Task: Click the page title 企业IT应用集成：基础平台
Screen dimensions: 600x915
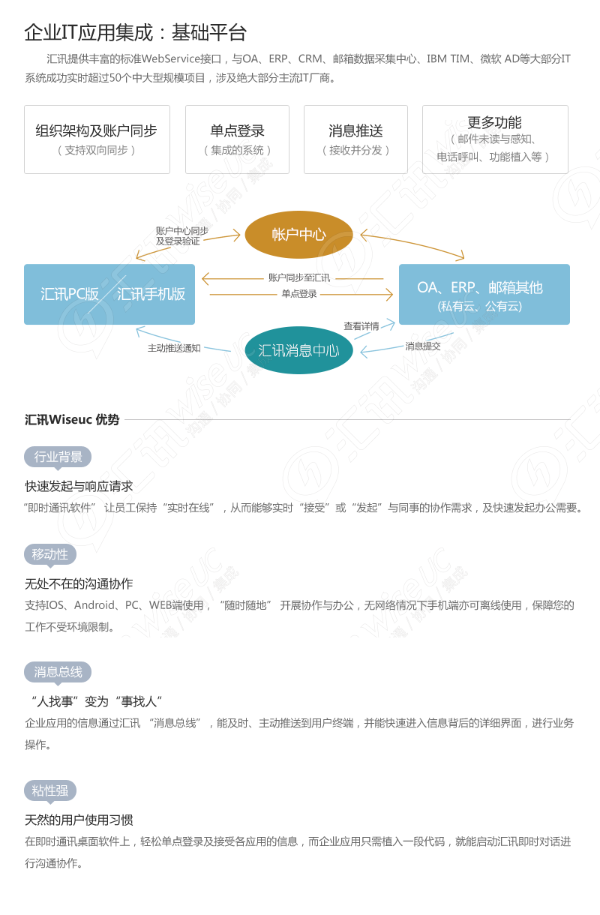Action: coord(135,32)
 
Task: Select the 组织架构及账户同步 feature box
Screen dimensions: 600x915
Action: coord(97,139)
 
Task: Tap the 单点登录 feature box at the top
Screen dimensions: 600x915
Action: coord(237,139)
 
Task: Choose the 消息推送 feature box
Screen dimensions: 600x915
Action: coord(355,139)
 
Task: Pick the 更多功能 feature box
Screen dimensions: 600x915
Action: coord(495,139)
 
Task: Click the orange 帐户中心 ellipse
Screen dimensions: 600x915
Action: coord(298,235)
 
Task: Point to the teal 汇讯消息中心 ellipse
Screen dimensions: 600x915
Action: coord(298,350)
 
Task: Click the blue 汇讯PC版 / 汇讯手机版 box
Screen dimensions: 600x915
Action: coord(109,294)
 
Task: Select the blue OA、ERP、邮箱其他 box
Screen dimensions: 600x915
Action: coord(484,294)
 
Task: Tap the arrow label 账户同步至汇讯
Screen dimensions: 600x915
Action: coord(299,277)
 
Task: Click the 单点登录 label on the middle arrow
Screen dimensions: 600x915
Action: coord(299,294)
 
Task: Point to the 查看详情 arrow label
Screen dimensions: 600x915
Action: coord(361,326)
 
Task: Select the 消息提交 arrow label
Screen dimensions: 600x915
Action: coord(423,346)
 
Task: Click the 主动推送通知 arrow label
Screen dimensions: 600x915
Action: coord(174,348)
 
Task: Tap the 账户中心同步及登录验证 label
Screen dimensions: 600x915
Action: coord(181,236)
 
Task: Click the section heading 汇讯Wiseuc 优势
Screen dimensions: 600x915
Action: coord(72,419)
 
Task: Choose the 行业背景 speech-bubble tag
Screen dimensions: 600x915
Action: coord(58,457)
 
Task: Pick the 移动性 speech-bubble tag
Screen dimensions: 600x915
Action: coord(50,555)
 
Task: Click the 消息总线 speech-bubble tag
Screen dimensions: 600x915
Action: coord(58,672)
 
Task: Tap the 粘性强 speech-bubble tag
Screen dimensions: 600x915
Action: coord(50,790)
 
